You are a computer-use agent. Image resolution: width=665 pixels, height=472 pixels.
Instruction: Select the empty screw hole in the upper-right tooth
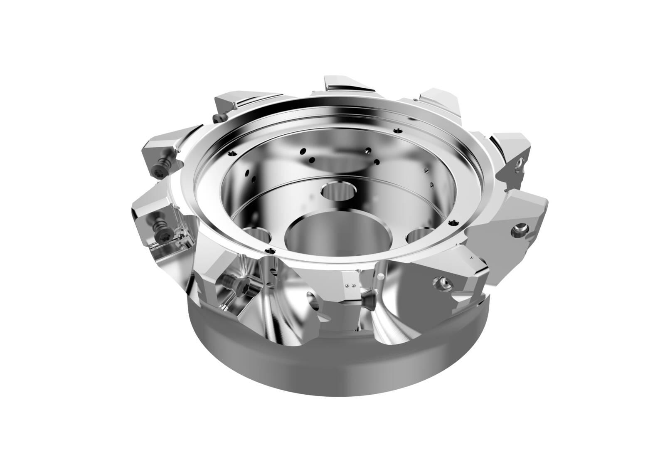[518, 165]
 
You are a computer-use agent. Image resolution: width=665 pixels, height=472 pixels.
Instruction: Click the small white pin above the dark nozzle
[380, 277]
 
